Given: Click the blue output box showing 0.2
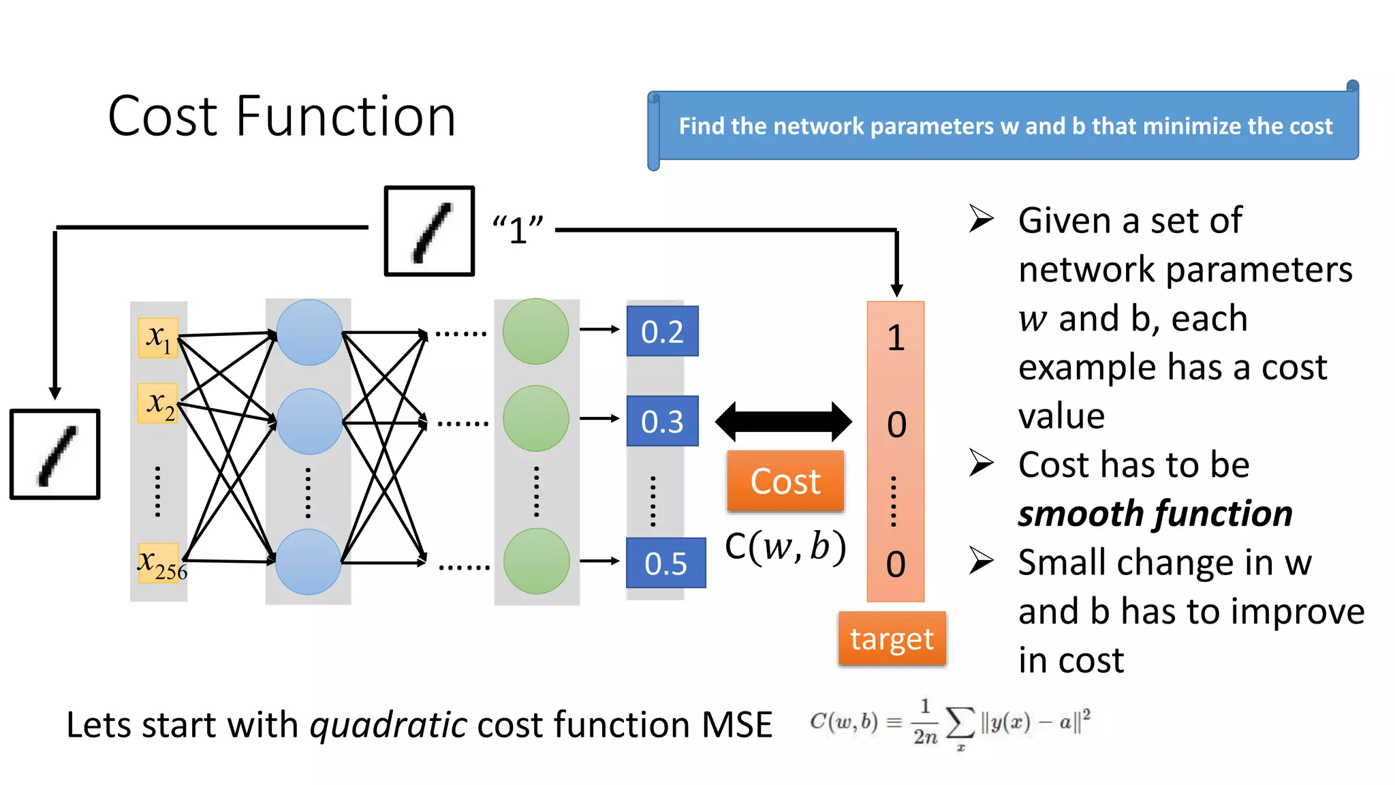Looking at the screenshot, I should (x=662, y=331).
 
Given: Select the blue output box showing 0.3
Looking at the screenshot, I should (x=662, y=421).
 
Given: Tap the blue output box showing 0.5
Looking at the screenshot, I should (x=665, y=563).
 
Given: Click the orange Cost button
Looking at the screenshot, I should (x=785, y=481).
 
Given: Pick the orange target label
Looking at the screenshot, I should (x=892, y=638).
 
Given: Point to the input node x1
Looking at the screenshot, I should (x=158, y=337).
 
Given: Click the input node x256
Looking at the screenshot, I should (x=159, y=563).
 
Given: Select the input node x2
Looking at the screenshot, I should (x=159, y=403).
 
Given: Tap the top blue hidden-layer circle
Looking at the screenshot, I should (x=309, y=332).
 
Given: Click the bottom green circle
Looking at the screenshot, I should (x=536, y=561).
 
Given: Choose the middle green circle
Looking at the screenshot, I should (x=535, y=418).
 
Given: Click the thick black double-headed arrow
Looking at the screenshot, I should (x=783, y=422).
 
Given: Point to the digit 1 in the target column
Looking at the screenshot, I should (x=896, y=338).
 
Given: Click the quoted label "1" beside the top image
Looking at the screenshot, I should (x=518, y=230).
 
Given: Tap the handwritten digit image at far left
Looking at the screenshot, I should (x=55, y=455).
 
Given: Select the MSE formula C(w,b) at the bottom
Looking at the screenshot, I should (x=950, y=724).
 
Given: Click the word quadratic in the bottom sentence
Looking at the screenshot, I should (x=388, y=724).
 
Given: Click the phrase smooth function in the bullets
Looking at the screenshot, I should (x=1155, y=513).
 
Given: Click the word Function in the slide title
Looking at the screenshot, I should (x=345, y=117).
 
